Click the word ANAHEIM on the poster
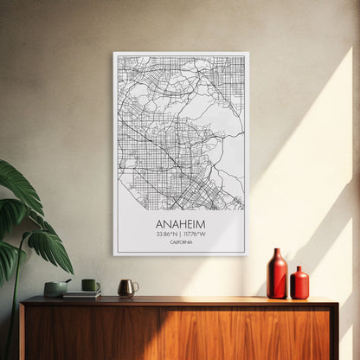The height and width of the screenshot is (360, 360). (180, 223)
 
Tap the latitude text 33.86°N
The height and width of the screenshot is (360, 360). (168, 234)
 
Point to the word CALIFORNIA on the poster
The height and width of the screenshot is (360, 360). (180, 242)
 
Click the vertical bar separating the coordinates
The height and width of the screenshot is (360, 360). (181, 234)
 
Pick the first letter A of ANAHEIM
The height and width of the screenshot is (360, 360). (159, 223)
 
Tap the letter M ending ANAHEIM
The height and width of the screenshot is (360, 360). (202, 223)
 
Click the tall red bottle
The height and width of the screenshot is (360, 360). (276, 277)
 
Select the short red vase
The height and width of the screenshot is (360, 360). (299, 285)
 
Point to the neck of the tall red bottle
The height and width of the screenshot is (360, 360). (276, 254)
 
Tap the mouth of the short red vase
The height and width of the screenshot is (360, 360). (299, 268)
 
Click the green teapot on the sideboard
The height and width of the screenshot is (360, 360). (57, 287)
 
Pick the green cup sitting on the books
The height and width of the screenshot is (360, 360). (90, 285)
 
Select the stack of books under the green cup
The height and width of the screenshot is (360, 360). (82, 294)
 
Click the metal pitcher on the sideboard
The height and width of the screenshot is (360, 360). (126, 287)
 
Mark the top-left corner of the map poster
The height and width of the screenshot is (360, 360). (114, 54)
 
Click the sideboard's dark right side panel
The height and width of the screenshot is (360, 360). (334, 332)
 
